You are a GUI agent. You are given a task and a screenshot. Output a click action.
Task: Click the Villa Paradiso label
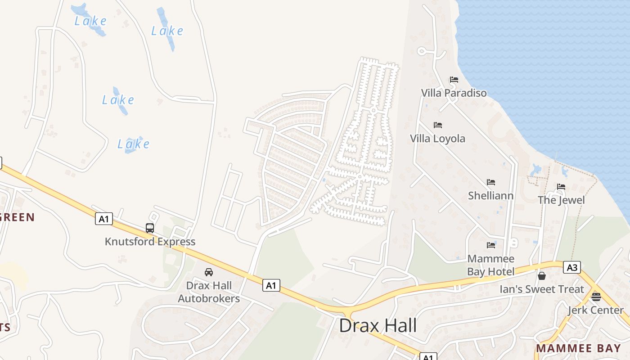click(454, 93)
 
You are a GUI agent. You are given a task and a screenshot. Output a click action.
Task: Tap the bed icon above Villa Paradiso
click(454, 80)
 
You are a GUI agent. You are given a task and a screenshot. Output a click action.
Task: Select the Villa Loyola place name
click(437, 138)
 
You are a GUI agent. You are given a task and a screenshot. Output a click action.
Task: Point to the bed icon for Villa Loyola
click(437, 125)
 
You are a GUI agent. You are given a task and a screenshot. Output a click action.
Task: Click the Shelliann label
click(490, 196)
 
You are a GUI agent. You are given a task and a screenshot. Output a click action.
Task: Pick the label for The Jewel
click(561, 200)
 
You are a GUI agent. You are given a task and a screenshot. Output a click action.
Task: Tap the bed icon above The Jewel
click(561, 187)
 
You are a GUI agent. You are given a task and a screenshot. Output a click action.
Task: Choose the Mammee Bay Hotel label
click(490, 265)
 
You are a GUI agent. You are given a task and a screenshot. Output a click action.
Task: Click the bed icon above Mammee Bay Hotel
click(490, 245)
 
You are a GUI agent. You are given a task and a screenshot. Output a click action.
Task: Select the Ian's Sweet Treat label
click(542, 289)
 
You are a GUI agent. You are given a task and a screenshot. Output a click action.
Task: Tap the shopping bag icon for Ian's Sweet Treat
click(542, 275)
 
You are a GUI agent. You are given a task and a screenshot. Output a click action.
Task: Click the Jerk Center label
click(595, 310)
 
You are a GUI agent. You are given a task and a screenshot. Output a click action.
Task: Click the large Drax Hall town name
click(378, 325)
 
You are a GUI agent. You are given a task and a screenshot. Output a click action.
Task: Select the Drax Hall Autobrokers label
click(209, 292)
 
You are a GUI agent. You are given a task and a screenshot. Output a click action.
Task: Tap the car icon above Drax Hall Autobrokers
click(209, 272)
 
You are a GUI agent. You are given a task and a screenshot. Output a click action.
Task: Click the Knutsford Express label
click(150, 242)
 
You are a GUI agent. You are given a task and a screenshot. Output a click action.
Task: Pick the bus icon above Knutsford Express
click(150, 228)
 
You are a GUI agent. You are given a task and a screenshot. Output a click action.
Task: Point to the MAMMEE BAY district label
click(578, 348)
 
